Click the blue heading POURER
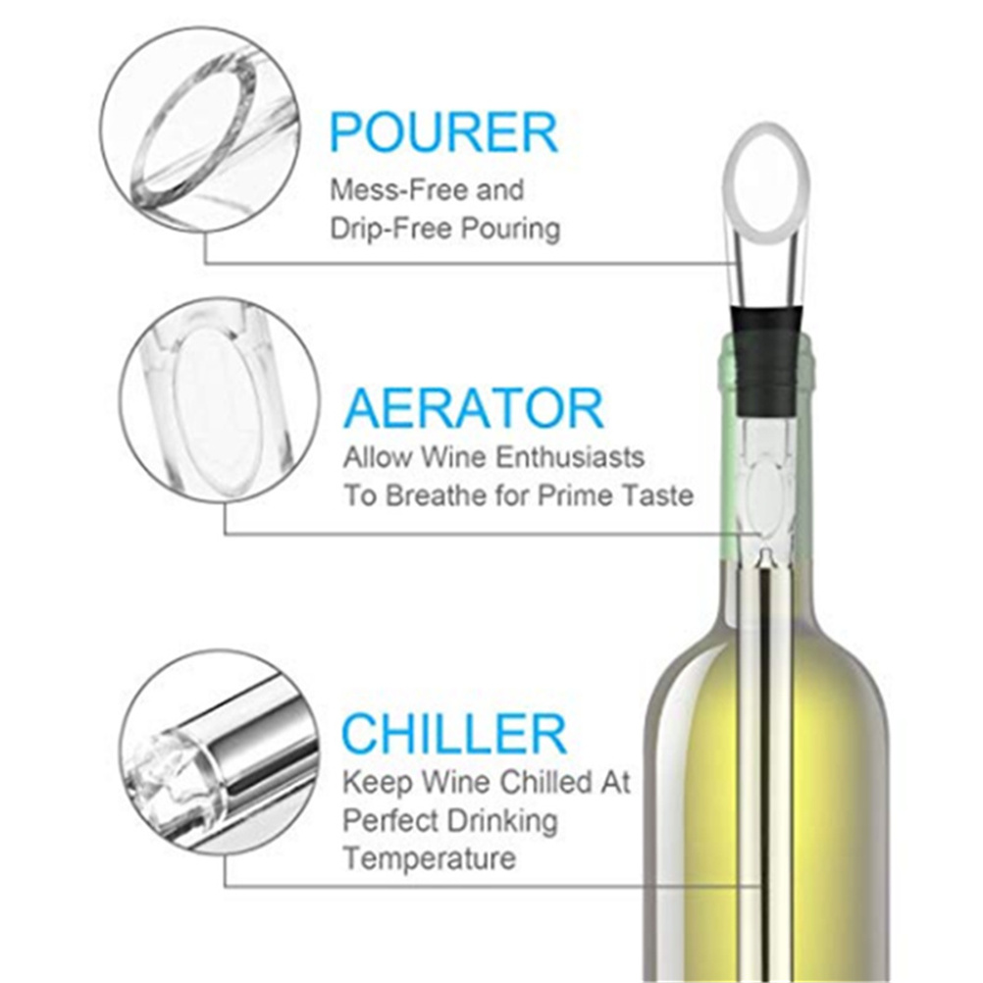[443, 132]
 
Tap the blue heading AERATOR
[474, 409]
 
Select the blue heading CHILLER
[454, 734]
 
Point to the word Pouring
[511, 230]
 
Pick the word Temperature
[430, 858]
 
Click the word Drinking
[494, 821]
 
